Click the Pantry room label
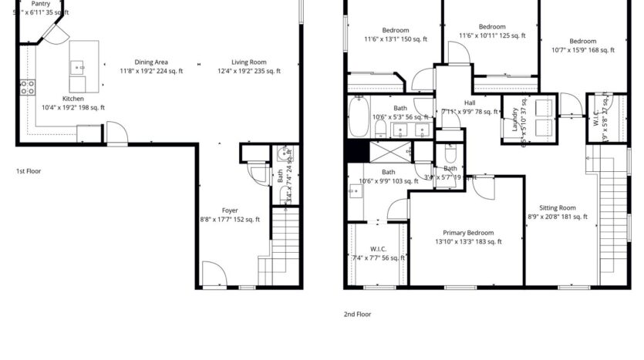[40, 4]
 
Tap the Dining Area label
[151, 62]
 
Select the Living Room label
[248, 62]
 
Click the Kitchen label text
[73, 99]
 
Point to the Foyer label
[230, 210]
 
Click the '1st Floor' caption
[29, 171]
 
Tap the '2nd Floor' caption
[357, 315]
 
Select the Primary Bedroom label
[468, 233]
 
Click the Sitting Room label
[558, 208]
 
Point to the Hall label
[470, 103]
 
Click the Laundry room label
[514, 119]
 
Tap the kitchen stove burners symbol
[26, 87]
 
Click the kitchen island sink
[79, 68]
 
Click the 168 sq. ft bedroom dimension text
[582, 50]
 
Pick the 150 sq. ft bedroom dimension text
[395, 39]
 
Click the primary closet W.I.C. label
[378, 249]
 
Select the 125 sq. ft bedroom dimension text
[492, 35]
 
